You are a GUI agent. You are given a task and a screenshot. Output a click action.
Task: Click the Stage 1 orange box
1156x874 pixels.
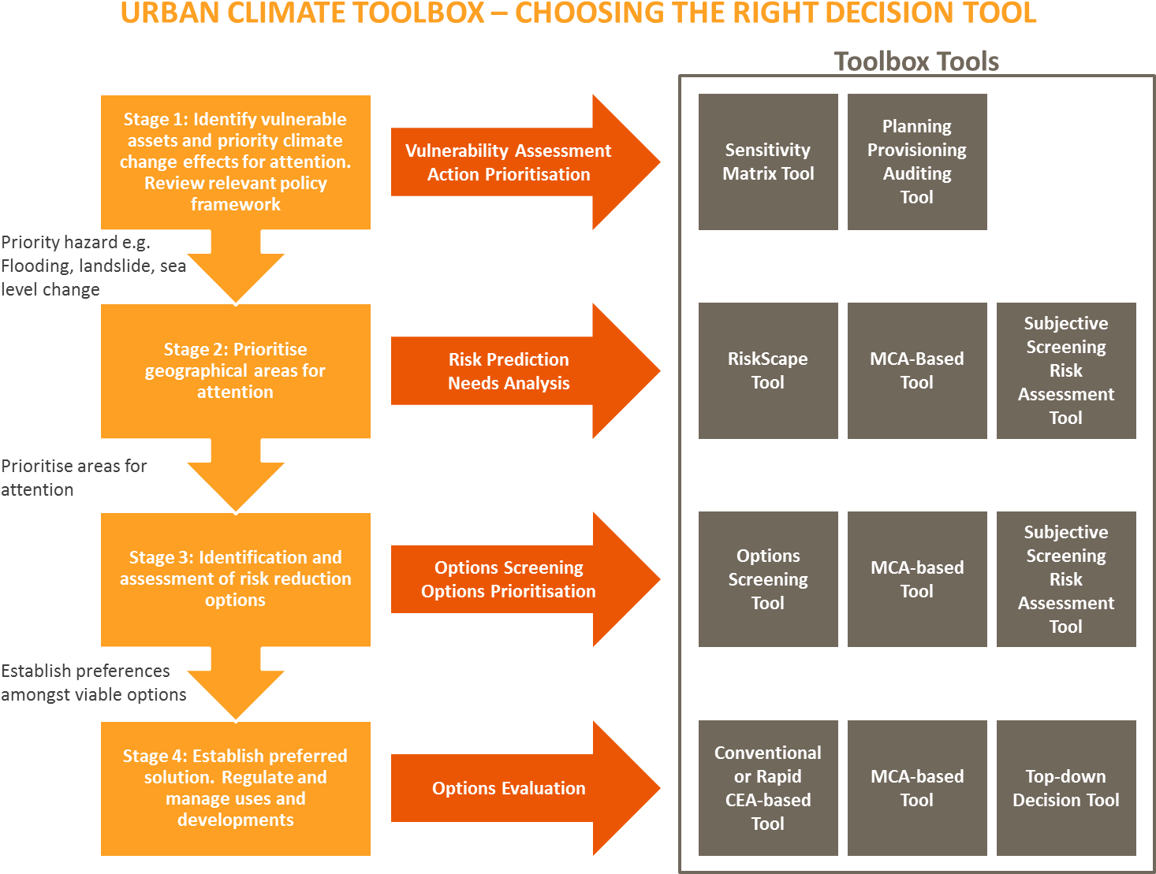[x=235, y=162]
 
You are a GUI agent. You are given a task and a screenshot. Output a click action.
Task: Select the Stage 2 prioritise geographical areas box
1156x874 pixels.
[x=235, y=370]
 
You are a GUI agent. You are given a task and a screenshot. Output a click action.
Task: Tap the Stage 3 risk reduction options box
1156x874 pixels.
[x=235, y=579]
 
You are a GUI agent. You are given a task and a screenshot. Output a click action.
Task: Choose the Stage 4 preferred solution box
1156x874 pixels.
[x=235, y=788]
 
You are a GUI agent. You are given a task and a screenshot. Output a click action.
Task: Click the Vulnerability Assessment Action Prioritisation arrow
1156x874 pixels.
[x=509, y=162]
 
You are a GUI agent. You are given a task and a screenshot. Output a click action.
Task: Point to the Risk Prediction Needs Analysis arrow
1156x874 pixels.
[x=509, y=371]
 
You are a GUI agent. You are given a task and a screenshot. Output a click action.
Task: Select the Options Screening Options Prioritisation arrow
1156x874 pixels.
[x=509, y=579]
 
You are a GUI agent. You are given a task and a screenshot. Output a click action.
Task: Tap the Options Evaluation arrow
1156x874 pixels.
[x=509, y=788]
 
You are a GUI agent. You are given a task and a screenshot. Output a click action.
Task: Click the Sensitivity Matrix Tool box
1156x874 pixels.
[x=768, y=162]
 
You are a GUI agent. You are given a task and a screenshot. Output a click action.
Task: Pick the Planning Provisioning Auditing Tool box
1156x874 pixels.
[x=917, y=162]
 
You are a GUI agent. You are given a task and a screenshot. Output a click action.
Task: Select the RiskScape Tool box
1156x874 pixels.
[x=768, y=370]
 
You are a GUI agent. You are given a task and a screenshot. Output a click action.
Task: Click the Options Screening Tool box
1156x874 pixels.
[x=768, y=579]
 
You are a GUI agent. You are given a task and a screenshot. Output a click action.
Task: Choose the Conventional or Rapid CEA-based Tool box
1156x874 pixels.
[x=768, y=788]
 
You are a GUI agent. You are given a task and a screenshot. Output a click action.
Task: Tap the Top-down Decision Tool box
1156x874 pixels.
[x=1066, y=788]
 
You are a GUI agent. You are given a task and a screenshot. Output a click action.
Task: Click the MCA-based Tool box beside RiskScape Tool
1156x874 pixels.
[x=917, y=370]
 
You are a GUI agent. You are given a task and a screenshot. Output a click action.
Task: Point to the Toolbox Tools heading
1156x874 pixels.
[x=916, y=61]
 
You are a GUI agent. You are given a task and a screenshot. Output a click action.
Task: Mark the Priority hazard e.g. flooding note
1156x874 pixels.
[x=87, y=266]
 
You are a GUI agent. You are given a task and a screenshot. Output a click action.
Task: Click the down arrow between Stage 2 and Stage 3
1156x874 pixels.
[x=235, y=478]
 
